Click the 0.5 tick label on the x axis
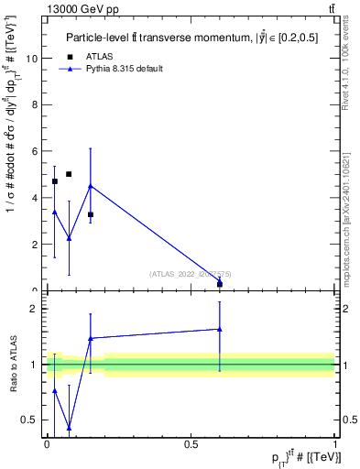191,445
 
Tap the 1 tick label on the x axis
335,445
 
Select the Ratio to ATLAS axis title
15,365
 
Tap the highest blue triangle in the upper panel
90,186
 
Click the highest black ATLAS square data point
69,174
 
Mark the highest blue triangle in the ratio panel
220,329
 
